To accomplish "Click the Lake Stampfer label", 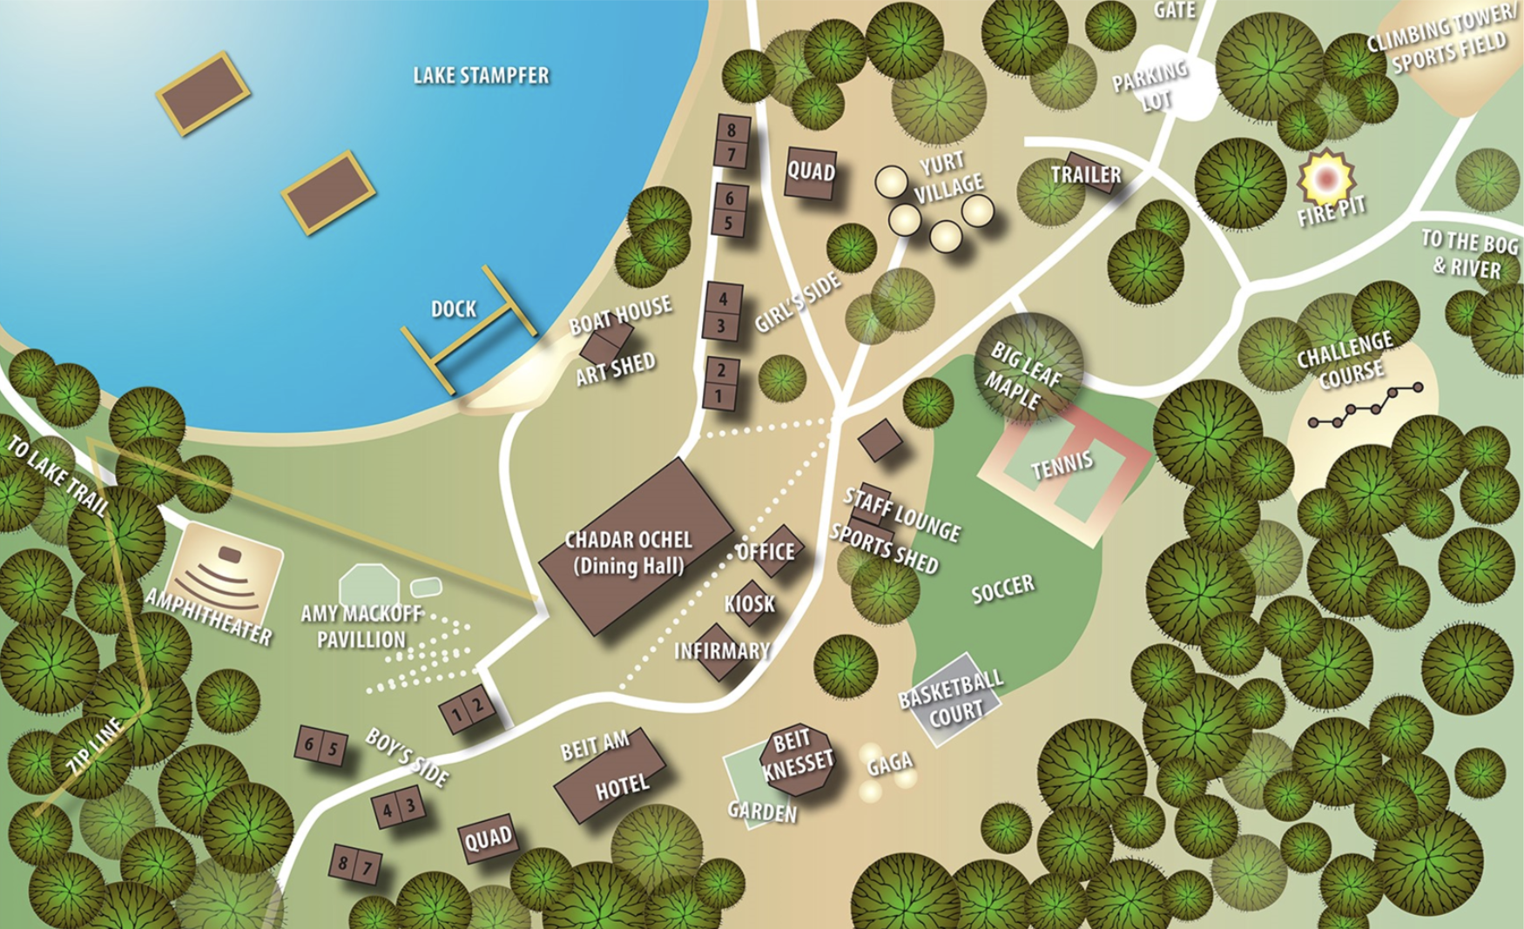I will [x=481, y=76].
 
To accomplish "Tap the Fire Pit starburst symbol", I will [x=1325, y=178].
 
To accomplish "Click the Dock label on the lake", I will [x=454, y=309].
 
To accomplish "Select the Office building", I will [x=772, y=550].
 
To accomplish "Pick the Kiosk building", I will [x=750, y=603].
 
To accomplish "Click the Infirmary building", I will [x=719, y=651].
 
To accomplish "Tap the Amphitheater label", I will [x=208, y=616].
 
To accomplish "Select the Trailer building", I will [x=1086, y=173].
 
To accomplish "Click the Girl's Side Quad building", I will [x=811, y=172].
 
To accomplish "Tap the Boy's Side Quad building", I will [x=488, y=839].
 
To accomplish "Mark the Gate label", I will [x=1174, y=10].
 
